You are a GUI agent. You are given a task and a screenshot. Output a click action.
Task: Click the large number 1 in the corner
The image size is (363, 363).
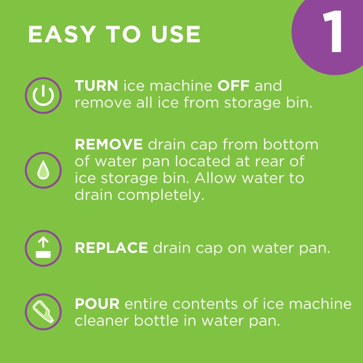point(333,32)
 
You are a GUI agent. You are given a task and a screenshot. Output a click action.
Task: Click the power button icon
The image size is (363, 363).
point(42,95)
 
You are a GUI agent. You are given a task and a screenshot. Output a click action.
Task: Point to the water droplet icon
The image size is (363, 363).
point(42,170)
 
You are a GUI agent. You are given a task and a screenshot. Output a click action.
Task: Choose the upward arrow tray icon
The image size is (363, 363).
point(42,248)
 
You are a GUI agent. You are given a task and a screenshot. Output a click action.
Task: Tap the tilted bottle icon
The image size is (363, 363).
point(42,312)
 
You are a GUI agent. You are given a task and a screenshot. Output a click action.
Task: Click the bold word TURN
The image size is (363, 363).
point(97,86)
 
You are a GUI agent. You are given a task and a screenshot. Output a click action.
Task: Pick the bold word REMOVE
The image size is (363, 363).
point(109,145)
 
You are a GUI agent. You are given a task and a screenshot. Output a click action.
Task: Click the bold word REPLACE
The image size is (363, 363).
point(111,248)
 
